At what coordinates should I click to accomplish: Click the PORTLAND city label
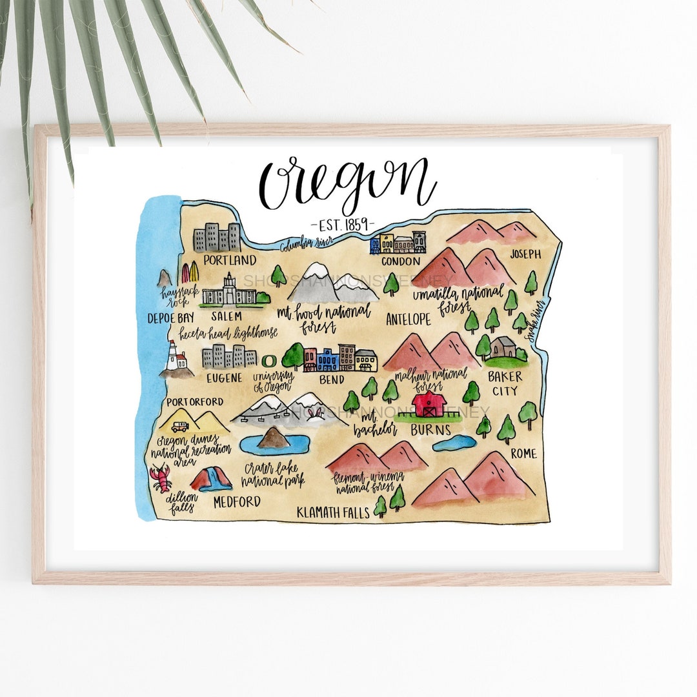tap(229, 260)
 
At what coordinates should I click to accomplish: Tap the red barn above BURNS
tap(429, 404)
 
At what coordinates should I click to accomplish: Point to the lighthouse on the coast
tap(174, 357)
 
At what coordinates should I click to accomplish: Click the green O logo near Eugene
tap(268, 358)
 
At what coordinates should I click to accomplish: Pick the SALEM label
tap(227, 316)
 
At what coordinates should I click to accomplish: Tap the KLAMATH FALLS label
tap(333, 512)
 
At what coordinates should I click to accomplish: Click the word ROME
tap(523, 454)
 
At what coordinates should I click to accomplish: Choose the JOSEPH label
tap(525, 254)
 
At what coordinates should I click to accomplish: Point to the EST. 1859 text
tap(342, 224)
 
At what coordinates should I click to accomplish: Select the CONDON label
tap(400, 261)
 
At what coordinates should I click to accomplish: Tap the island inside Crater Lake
tap(273, 438)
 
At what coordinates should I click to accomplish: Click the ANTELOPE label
tap(409, 319)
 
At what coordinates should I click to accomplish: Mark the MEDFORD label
tap(236, 502)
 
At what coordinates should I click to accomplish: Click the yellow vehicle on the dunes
tap(180, 426)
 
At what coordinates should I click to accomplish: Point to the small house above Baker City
tap(503, 347)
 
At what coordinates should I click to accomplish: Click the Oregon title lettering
tap(347, 181)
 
